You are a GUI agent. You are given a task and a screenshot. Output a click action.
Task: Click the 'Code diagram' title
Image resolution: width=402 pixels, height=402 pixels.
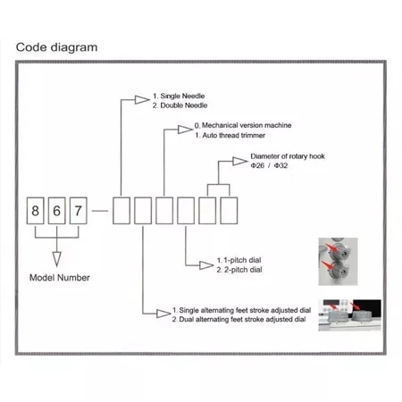point(56,47)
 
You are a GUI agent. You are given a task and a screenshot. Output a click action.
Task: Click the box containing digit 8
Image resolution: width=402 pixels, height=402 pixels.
point(35,211)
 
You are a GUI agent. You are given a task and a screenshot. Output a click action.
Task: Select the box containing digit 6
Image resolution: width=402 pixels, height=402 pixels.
point(56,211)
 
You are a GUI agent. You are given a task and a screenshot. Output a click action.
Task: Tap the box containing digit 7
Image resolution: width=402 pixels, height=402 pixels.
point(79,211)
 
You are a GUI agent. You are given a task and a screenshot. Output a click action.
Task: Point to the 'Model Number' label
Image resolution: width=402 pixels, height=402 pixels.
point(60,278)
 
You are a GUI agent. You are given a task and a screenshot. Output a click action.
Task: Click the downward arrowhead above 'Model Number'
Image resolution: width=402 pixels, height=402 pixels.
point(56,259)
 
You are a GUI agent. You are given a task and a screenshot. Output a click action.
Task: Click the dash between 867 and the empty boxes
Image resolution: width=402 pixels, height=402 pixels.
point(100,211)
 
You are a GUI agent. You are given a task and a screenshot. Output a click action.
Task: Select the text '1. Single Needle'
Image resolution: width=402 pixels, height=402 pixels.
point(179,96)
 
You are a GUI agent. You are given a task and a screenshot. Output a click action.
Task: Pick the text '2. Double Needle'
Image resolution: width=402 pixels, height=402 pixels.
point(180,105)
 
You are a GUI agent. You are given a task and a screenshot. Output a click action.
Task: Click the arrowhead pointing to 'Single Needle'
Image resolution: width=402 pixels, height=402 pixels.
point(142,100)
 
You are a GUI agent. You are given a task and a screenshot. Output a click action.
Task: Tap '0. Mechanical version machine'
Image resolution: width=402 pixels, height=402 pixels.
point(243,125)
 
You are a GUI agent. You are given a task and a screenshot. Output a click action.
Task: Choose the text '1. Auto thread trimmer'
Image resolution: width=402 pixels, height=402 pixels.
point(230,135)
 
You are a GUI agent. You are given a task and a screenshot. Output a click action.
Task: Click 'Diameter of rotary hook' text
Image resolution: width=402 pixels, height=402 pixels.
point(288,156)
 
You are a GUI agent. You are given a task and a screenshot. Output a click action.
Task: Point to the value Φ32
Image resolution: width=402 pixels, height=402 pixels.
point(281,165)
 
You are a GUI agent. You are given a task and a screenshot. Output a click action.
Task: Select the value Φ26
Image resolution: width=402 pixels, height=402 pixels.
point(257,165)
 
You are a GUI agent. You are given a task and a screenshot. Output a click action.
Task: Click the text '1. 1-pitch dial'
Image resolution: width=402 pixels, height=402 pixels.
point(239,260)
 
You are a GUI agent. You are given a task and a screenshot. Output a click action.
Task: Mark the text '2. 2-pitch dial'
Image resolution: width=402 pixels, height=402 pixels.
point(239,270)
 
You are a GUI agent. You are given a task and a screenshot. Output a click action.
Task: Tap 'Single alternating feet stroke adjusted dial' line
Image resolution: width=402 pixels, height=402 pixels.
point(241,310)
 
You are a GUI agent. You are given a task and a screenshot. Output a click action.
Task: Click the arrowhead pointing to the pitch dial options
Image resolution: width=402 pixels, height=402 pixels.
point(206,265)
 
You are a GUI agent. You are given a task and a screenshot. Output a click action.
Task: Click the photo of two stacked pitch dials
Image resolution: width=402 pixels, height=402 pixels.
point(338,262)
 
